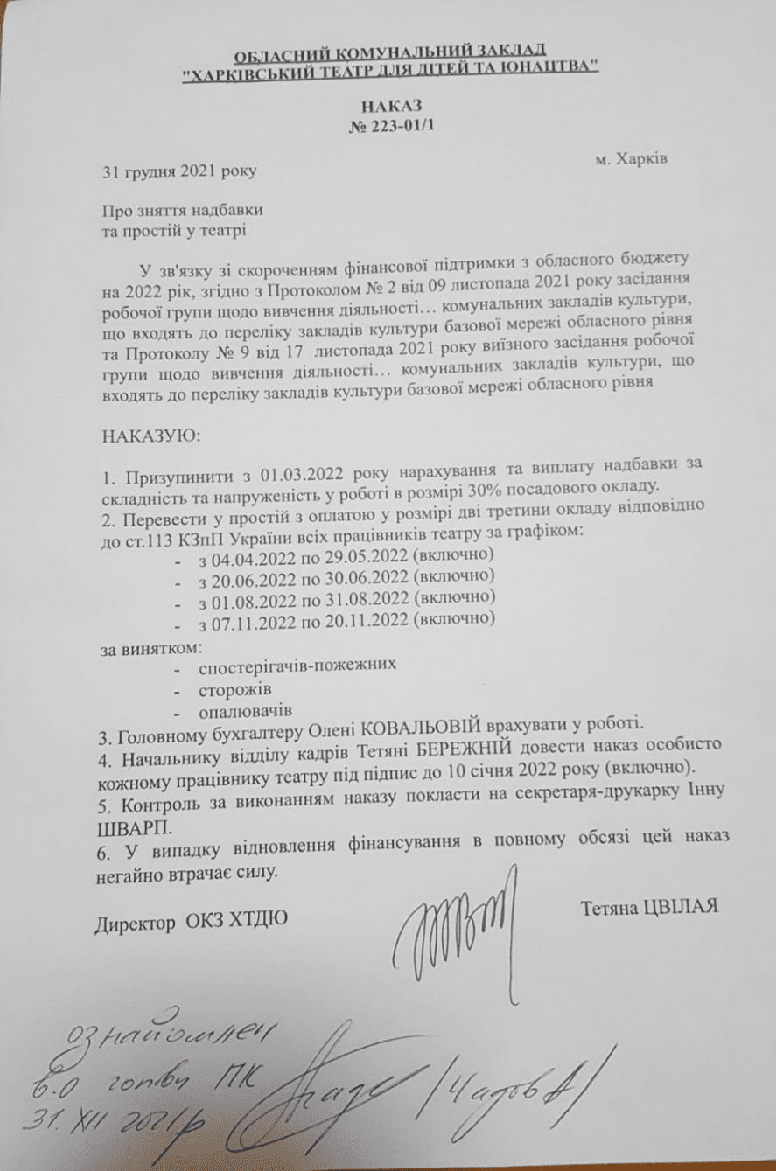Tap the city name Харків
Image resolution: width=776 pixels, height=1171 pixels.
[642, 159]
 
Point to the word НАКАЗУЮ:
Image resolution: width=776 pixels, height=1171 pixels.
[151, 435]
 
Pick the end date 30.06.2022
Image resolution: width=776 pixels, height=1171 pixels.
[358, 576]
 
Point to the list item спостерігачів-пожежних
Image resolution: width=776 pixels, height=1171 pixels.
[297, 665]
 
